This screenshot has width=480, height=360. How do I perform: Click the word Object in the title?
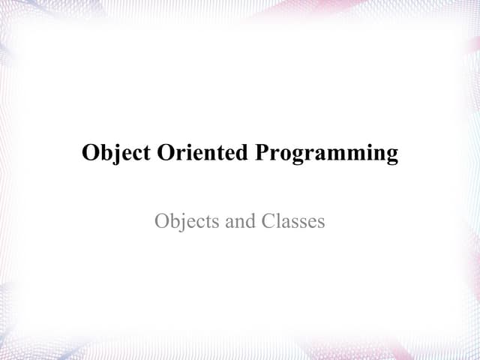pyautogui.click(x=115, y=153)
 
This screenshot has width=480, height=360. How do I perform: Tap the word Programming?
pyautogui.click(x=327, y=154)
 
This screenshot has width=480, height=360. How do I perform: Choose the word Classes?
pyautogui.click(x=293, y=221)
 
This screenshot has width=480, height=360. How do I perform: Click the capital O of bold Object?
pyautogui.click(x=91, y=153)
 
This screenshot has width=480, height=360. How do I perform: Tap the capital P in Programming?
pyautogui.click(x=262, y=153)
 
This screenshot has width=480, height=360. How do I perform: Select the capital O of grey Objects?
pyautogui.click(x=162, y=221)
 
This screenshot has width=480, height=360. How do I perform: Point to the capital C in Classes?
pyautogui.click(x=268, y=221)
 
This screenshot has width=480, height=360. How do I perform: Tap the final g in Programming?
pyautogui.click(x=391, y=157)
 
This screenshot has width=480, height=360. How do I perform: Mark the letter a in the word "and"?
pyautogui.click(x=226, y=222)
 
